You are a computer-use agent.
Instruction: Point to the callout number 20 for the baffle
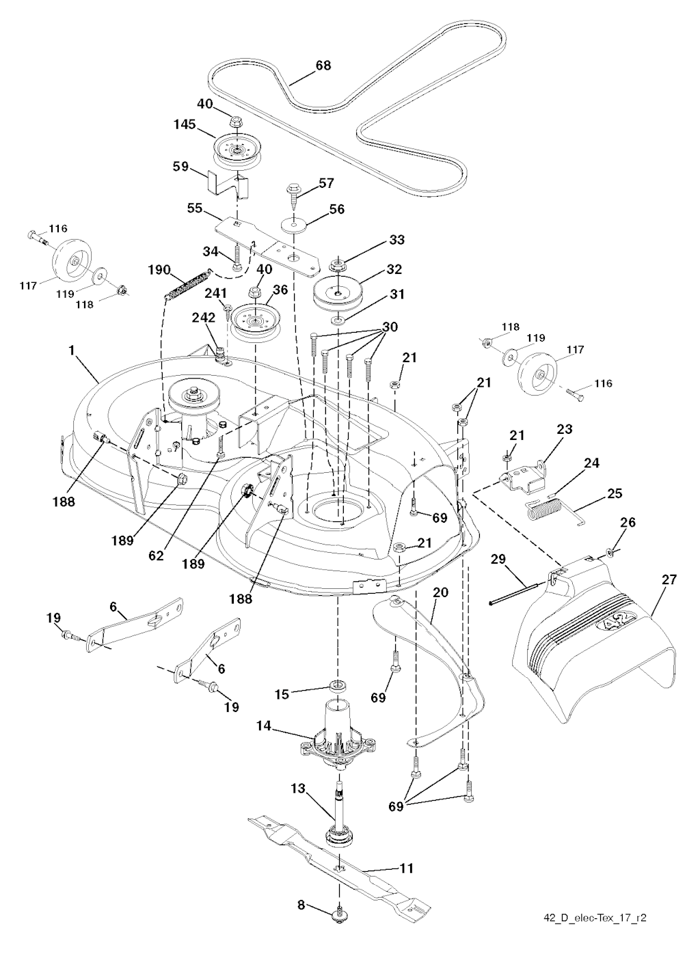(440, 592)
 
